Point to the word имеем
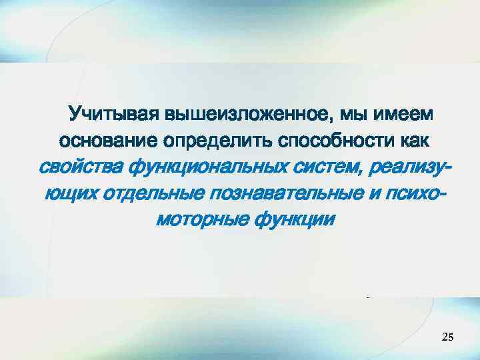point(407,115)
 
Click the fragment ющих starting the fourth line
point(71,193)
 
